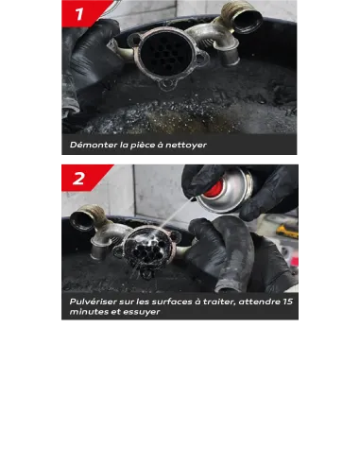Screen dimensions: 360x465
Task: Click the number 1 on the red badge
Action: [79, 14]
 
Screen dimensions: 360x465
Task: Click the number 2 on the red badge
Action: [78, 179]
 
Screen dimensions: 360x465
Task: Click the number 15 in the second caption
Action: [287, 301]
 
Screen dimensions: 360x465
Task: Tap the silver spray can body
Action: [224, 193]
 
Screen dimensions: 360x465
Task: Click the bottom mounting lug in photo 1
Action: [167, 84]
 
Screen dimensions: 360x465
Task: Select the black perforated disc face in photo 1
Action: [165, 54]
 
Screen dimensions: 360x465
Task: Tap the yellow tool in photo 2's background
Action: [286, 232]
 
